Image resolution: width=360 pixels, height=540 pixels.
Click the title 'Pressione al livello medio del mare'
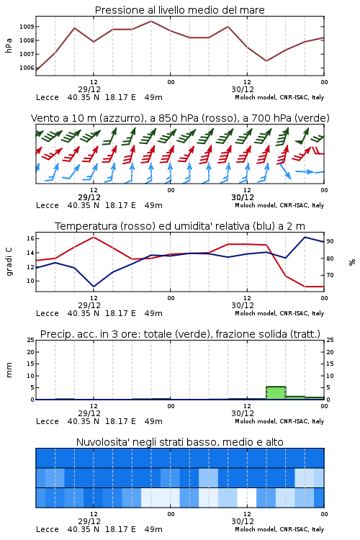click(179, 10)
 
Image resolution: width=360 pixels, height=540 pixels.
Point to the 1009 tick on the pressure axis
click(26, 27)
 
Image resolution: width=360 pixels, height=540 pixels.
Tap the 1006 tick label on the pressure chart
click(26, 68)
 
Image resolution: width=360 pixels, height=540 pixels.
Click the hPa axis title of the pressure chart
click(9, 45)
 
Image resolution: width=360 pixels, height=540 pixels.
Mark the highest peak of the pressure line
click(151, 21)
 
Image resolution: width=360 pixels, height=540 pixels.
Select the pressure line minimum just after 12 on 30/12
click(266, 61)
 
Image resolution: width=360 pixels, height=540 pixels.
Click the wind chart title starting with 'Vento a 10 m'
click(180, 118)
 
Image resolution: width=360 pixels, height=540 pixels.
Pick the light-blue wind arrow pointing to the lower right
click(285, 171)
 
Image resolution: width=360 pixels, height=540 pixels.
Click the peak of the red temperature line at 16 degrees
click(94, 237)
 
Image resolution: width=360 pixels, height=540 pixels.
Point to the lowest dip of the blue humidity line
click(94, 287)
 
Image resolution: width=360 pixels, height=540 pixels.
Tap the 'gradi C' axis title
click(9, 261)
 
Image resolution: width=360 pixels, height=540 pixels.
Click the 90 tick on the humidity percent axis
click(330, 241)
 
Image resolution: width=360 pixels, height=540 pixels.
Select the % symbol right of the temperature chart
click(352, 262)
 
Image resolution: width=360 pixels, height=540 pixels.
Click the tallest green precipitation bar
click(276, 393)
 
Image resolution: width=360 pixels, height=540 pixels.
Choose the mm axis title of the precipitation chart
click(9, 370)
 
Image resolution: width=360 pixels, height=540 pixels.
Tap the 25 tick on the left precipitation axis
click(31, 340)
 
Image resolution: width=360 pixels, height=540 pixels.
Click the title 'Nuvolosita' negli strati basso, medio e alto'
click(179, 442)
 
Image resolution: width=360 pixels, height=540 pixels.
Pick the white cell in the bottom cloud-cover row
click(247, 498)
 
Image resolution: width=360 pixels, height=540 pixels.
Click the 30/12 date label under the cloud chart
click(243, 521)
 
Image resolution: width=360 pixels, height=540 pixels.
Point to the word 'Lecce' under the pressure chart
click(48, 97)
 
